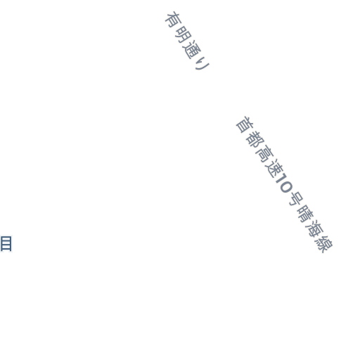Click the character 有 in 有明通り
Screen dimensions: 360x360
pyautogui.click(x=173, y=20)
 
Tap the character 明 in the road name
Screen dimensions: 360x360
pyautogui.click(x=184, y=34)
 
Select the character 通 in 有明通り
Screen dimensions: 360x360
pyautogui.click(x=193, y=50)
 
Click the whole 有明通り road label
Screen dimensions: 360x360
pyautogui.click(x=187, y=41)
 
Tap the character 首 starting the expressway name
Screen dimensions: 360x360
pyautogui.click(x=245, y=124)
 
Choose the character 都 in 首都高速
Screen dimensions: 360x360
pyautogui.click(x=255, y=140)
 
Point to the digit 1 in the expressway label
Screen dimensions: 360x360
pyautogui.click(x=281, y=180)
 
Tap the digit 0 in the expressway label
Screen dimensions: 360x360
pyautogui.click(x=286, y=188)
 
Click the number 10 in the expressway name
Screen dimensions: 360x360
pyautogui.click(x=284, y=184)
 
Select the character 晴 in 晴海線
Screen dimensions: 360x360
pyautogui.click(x=305, y=214)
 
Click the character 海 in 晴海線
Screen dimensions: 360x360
pyautogui.click(x=315, y=229)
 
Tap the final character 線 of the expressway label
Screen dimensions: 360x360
pyautogui.click(x=324, y=244)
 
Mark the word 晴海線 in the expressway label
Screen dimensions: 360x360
pyautogui.click(x=315, y=229)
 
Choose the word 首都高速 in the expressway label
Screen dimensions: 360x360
pyautogui.click(x=259, y=147)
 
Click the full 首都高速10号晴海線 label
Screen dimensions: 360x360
pyautogui.click(x=284, y=184)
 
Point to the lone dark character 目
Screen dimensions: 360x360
pyautogui.click(x=6, y=244)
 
